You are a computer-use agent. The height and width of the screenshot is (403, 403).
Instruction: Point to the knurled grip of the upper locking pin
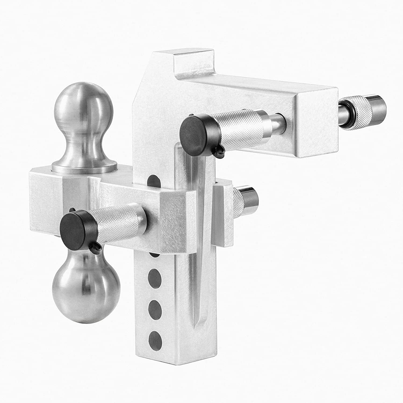coord(236,128)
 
